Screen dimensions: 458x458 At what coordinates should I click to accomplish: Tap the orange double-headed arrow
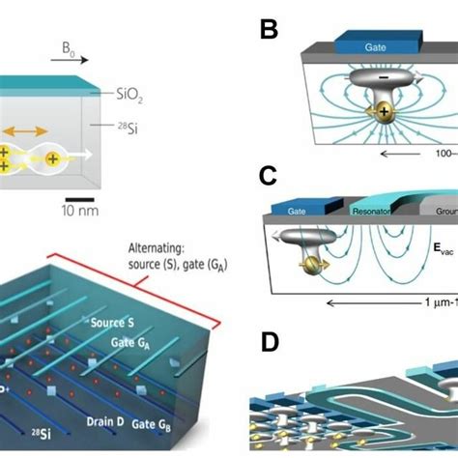pos(32,129)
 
